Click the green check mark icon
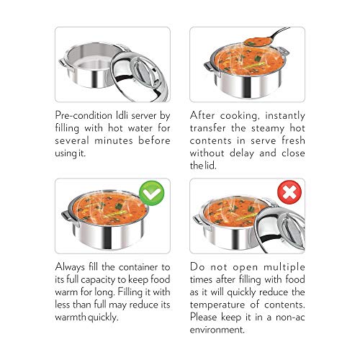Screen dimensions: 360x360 coord(152,194)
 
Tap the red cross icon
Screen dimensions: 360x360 coord(289,192)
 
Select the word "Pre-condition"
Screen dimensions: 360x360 coord(84,115)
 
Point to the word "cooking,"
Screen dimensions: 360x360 coord(240,116)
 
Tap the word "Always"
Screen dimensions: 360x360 coord(70,267)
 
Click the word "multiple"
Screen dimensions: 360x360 coord(284,267)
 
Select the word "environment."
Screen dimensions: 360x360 coord(217,330)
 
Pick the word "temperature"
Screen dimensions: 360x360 coord(217,305)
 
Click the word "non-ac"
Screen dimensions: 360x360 coord(290,318)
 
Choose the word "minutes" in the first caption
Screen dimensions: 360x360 coord(114,140)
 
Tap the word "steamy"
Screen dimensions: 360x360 coord(268,128)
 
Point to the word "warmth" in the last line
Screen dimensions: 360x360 coord(71,318)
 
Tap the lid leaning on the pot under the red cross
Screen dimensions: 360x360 coord(279,230)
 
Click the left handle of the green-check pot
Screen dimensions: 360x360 coord(68,219)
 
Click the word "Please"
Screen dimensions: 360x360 coord(204,318)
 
